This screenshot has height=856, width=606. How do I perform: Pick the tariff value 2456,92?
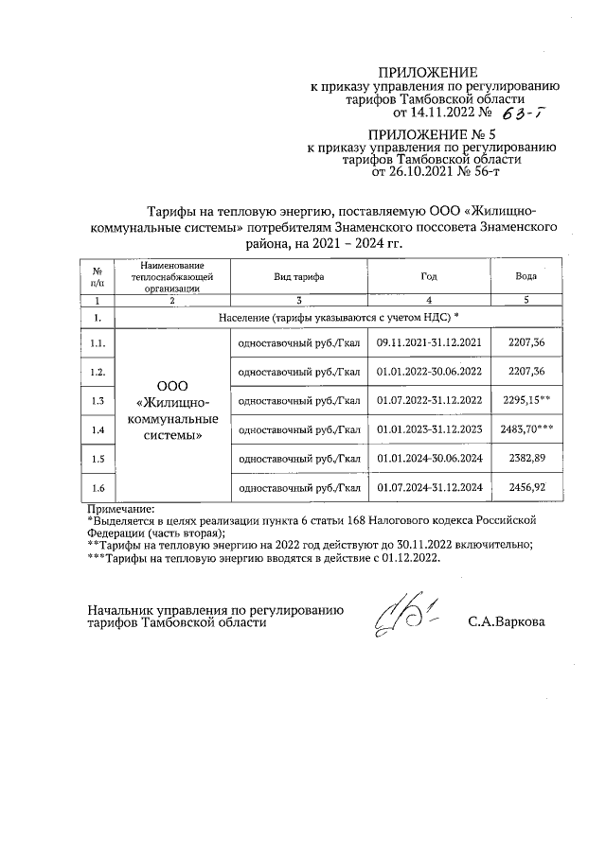click(526, 488)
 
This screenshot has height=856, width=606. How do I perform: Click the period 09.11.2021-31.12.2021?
click(430, 341)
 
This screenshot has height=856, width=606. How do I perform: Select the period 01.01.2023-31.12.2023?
click(430, 429)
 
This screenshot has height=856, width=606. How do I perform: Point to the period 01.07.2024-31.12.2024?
click(430, 488)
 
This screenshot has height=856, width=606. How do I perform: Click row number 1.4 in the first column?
click(97, 429)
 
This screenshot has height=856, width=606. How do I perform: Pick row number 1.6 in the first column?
click(97, 488)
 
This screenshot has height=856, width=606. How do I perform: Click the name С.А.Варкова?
click(507, 622)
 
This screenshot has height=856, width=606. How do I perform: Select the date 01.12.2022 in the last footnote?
click(407, 558)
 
